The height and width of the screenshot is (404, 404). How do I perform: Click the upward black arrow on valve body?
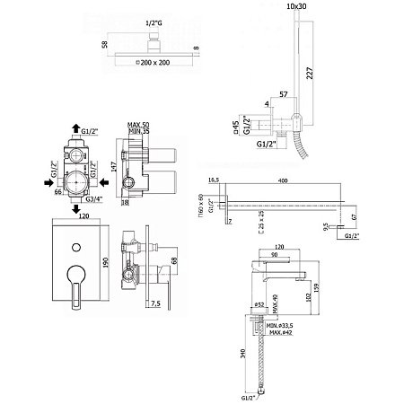[77, 130]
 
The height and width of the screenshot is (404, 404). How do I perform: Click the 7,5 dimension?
[156, 303]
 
